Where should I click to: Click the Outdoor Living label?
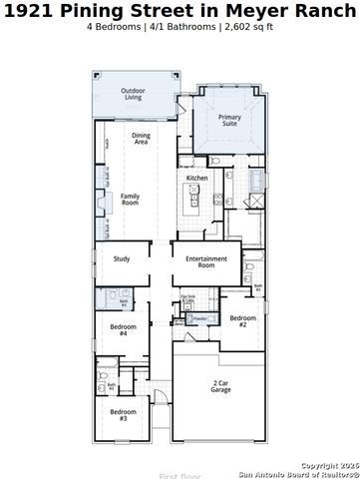tap(132, 95)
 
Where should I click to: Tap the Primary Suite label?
tap(229, 121)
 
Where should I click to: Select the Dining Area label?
tap(141, 139)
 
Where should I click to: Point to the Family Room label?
tap(131, 199)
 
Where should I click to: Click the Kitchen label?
tap(197, 178)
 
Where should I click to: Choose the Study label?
tap(122, 259)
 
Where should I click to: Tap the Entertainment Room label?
tap(206, 262)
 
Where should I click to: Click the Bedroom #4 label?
tap(124, 330)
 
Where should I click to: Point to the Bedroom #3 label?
tap(124, 415)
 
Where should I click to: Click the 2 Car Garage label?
tap(220, 386)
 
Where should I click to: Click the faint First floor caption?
tap(179, 476)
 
